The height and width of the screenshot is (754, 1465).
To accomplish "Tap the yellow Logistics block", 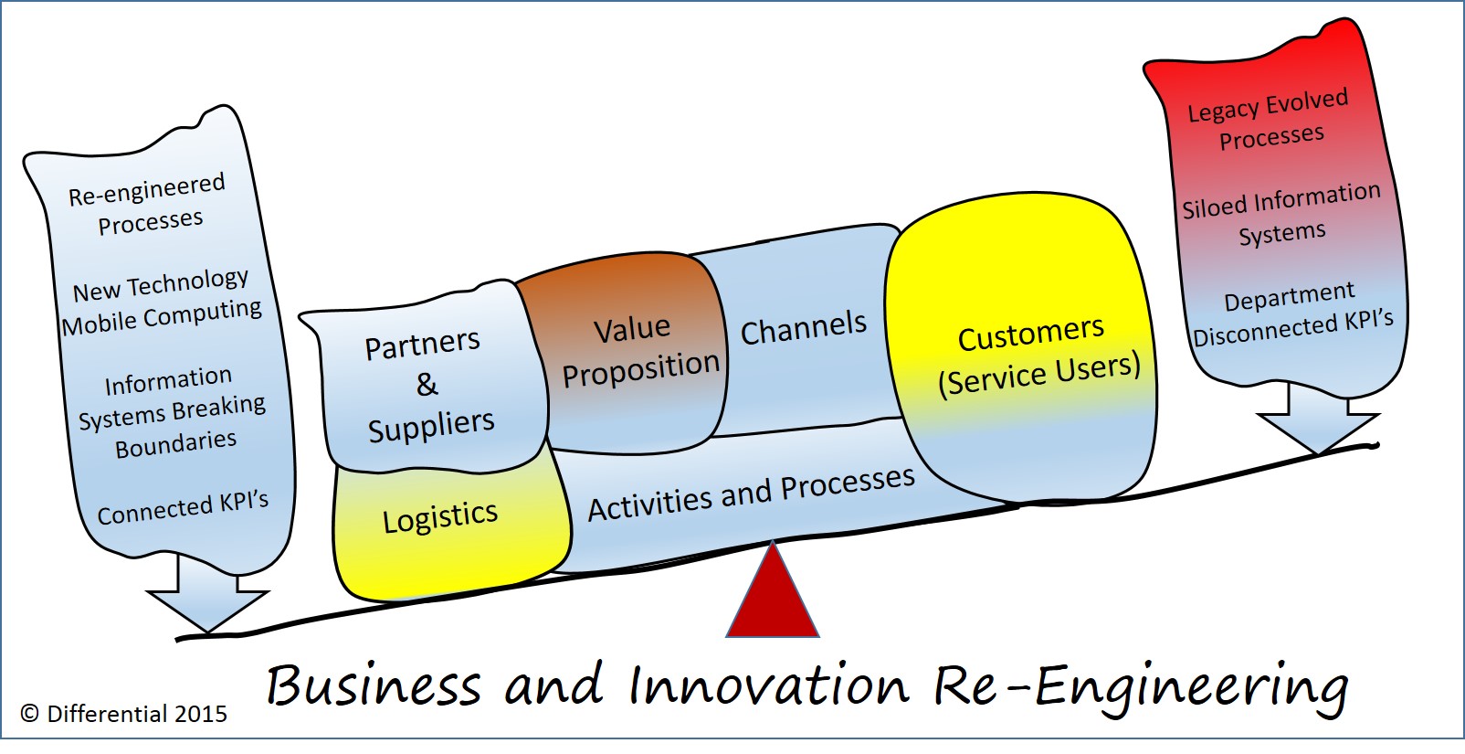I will click(x=440, y=518).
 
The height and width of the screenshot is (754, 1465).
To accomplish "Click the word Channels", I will click(x=803, y=328).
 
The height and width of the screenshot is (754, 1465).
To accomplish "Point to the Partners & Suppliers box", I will click(x=427, y=384).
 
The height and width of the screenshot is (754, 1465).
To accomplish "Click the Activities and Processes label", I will click(x=751, y=494).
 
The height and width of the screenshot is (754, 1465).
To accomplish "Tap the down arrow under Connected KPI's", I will click(x=207, y=598).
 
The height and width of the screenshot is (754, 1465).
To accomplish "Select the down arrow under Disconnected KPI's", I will click(x=1317, y=419).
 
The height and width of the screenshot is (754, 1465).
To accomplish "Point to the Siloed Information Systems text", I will click(x=1281, y=216).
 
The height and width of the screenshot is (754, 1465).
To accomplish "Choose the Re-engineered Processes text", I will click(x=148, y=206).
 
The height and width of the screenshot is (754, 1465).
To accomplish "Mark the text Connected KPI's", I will click(x=183, y=507).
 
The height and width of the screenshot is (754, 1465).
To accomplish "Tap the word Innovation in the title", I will click(x=769, y=685).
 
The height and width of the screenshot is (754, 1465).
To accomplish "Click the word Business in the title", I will click(x=373, y=685).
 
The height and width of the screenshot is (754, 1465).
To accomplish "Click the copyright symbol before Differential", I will click(x=30, y=714).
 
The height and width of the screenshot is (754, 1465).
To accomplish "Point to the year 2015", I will click(x=201, y=714).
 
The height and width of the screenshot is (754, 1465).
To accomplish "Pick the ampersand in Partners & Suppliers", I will click(x=427, y=385).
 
